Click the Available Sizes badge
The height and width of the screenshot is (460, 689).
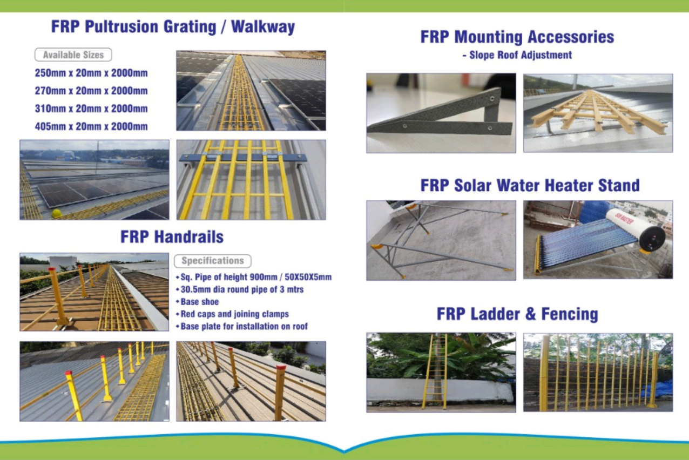pyautogui.click(x=73, y=55)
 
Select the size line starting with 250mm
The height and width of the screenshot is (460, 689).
pyautogui.click(x=91, y=73)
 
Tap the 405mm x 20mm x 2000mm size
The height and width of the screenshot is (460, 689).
pyautogui.click(x=91, y=126)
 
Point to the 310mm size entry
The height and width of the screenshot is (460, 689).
pyautogui.click(x=91, y=109)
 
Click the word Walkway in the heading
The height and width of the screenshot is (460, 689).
pyautogui.click(x=263, y=27)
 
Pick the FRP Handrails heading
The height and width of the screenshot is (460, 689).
pyautogui.click(x=172, y=237)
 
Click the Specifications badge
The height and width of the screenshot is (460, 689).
pyautogui.click(x=213, y=261)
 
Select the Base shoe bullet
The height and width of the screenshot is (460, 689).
pyautogui.click(x=197, y=302)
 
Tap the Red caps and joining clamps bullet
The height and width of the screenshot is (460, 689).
pyautogui.click(x=232, y=314)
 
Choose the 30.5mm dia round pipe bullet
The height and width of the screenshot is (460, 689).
pyautogui.click(x=240, y=289)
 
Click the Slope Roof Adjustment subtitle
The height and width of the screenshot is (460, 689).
pyautogui.click(x=517, y=55)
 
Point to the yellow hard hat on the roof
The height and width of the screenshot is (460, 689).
pyautogui.click(x=57, y=213)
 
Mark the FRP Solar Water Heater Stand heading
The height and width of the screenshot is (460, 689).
pyautogui.click(x=530, y=185)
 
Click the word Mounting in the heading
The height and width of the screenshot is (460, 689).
pyautogui.click(x=489, y=37)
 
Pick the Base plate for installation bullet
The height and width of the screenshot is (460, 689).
pyautogui.click(x=241, y=326)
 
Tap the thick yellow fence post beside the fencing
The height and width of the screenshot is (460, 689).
pyautogui.click(x=544, y=373)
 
